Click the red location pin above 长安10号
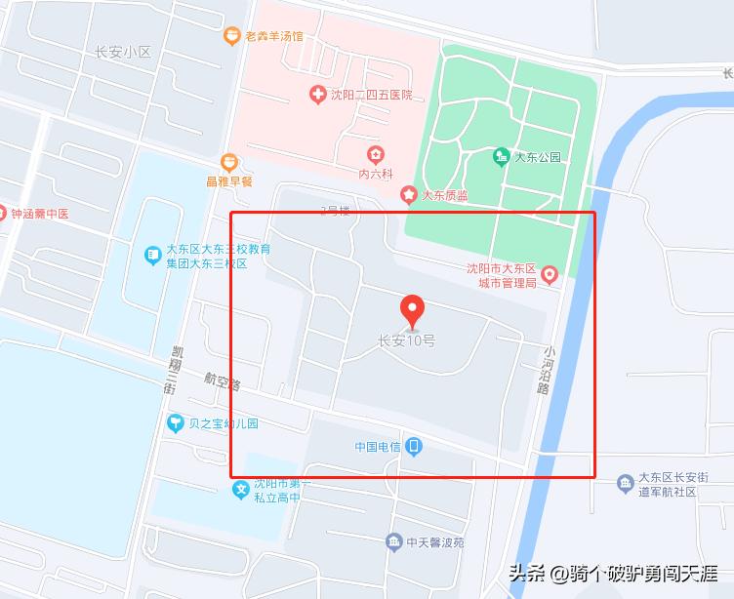(x=414, y=310)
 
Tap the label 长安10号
(x=407, y=341)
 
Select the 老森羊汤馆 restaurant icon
(x=231, y=36)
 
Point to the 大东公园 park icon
(x=502, y=156)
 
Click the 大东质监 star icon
(x=410, y=195)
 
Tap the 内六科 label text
(x=375, y=174)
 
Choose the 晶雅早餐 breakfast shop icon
(x=228, y=161)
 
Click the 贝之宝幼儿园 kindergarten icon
(x=176, y=423)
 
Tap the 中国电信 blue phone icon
(x=415, y=447)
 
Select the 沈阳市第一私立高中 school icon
(x=240, y=490)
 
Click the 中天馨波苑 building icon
(x=393, y=541)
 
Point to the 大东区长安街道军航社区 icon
(x=626, y=483)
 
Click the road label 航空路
(x=223, y=380)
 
